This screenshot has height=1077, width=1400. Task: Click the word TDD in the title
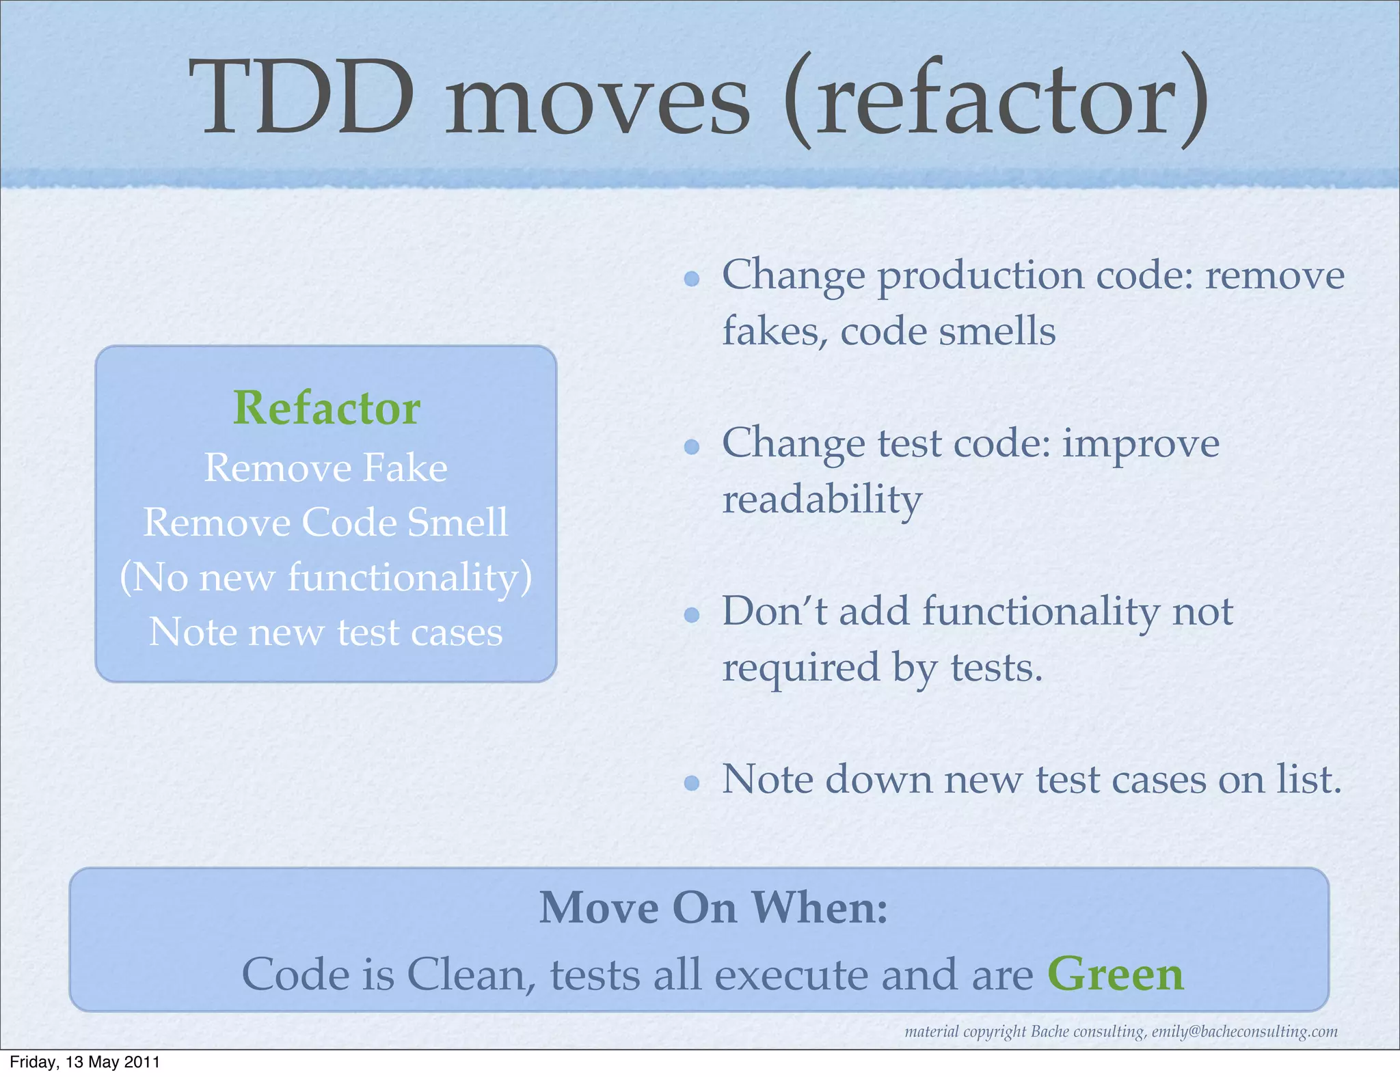pyautogui.click(x=301, y=96)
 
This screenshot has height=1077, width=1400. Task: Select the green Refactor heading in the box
pyautogui.click(x=326, y=408)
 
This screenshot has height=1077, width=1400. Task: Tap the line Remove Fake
pyautogui.click(x=326, y=468)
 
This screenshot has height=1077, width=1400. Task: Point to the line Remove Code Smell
pyautogui.click(x=326, y=523)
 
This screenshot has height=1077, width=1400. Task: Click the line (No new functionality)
pyautogui.click(x=326, y=578)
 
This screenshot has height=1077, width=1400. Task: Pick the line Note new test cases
pyautogui.click(x=326, y=632)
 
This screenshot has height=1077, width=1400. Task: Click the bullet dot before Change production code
pyautogui.click(x=692, y=278)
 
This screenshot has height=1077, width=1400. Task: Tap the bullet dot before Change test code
pyautogui.click(x=692, y=447)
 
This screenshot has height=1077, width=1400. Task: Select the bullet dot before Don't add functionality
pyautogui.click(x=692, y=615)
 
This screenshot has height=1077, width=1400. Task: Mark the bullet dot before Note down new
pyautogui.click(x=692, y=783)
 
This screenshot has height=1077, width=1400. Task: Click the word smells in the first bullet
pyautogui.click(x=997, y=331)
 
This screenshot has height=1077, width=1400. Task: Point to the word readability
pyautogui.click(x=822, y=500)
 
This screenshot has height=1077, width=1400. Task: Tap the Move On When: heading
pyautogui.click(x=713, y=908)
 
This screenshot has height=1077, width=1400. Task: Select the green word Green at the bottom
pyautogui.click(x=1115, y=974)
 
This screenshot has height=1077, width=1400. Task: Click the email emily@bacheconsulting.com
pyautogui.click(x=1244, y=1032)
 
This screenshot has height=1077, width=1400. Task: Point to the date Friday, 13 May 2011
pyautogui.click(x=85, y=1062)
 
